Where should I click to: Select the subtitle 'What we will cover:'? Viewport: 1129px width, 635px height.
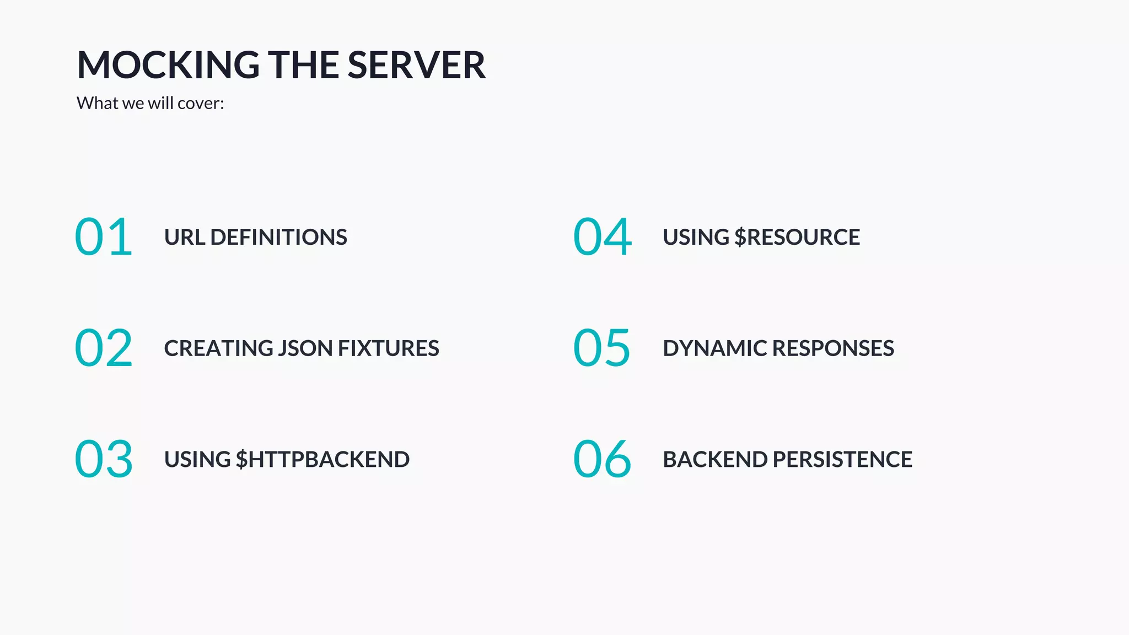tap(150, 103)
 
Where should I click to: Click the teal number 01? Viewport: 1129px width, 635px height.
tap(104, 237)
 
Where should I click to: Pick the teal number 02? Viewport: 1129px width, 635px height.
tap(104, 348)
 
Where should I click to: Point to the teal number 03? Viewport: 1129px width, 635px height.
tap(104, 459)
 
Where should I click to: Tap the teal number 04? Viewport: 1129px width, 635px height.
tap(602, 237)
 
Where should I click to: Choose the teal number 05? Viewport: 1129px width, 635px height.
tap(602, 348)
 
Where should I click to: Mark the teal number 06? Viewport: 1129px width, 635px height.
tap(602, 459)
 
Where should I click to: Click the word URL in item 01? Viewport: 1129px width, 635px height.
tap(185, 238)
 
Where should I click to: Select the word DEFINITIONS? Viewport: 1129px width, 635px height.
tap(279, 238)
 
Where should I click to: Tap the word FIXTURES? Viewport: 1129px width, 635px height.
tap(389, 348)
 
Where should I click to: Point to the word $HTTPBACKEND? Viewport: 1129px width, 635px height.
tap(322, 460)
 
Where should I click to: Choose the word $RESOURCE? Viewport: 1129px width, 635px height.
tap(797, 238)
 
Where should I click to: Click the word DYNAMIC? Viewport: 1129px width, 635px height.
tap(714, 348)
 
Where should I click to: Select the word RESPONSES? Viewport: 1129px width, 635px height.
tap(833, 348)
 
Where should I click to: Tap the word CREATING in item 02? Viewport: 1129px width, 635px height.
tap(218, 348)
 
